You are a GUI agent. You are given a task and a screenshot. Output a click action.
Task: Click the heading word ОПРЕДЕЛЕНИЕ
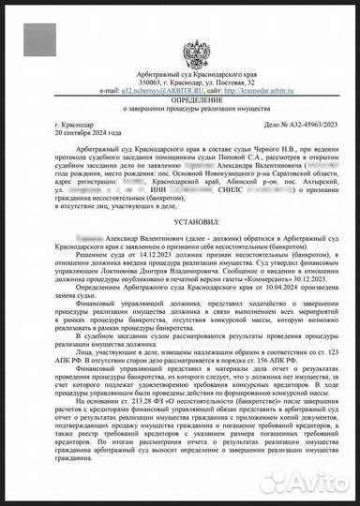tap(179, 83)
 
